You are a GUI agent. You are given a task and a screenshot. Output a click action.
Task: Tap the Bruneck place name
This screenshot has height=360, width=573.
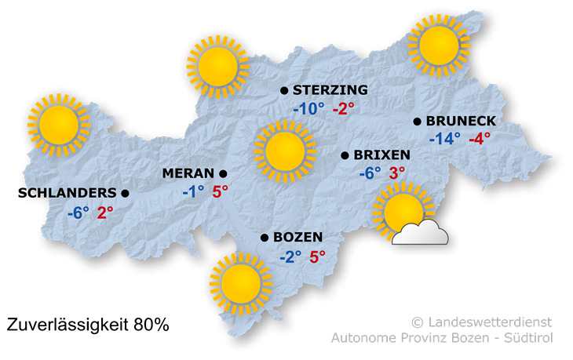coord(461,121)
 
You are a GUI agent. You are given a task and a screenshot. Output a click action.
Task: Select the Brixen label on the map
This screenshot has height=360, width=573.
coord(382,155)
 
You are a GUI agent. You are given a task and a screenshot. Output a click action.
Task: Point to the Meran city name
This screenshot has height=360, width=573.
coord(188,173)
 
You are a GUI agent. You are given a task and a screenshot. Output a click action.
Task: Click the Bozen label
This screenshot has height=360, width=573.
coord(297,238)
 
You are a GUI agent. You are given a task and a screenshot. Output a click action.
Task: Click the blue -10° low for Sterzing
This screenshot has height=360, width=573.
coord(308,108)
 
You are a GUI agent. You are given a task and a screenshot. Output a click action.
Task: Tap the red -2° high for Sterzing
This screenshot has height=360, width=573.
coord(343,108)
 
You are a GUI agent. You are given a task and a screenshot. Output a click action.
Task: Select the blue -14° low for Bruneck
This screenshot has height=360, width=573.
coord(445,139)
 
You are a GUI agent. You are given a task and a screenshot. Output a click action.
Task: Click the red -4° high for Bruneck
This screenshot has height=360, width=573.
coord(479,139)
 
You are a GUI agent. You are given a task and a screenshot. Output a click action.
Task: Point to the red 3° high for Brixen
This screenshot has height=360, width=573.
coord(397,173)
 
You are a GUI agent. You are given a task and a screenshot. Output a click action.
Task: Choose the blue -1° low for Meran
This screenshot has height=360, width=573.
coord(192,191)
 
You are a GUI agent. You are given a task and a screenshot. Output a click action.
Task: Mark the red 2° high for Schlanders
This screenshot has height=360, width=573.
coord(105,211)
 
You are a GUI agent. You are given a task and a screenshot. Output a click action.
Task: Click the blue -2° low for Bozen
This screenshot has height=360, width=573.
coord(290,256)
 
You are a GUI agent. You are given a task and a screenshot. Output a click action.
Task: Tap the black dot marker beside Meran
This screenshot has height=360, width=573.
coord(223,173)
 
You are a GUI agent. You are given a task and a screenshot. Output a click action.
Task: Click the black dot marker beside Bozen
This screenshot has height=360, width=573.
coord(265,238)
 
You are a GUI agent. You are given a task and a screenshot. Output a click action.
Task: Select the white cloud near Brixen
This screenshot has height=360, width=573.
coord(421,232)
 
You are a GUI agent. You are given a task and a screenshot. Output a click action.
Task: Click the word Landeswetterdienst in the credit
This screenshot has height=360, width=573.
coord(489,322)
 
